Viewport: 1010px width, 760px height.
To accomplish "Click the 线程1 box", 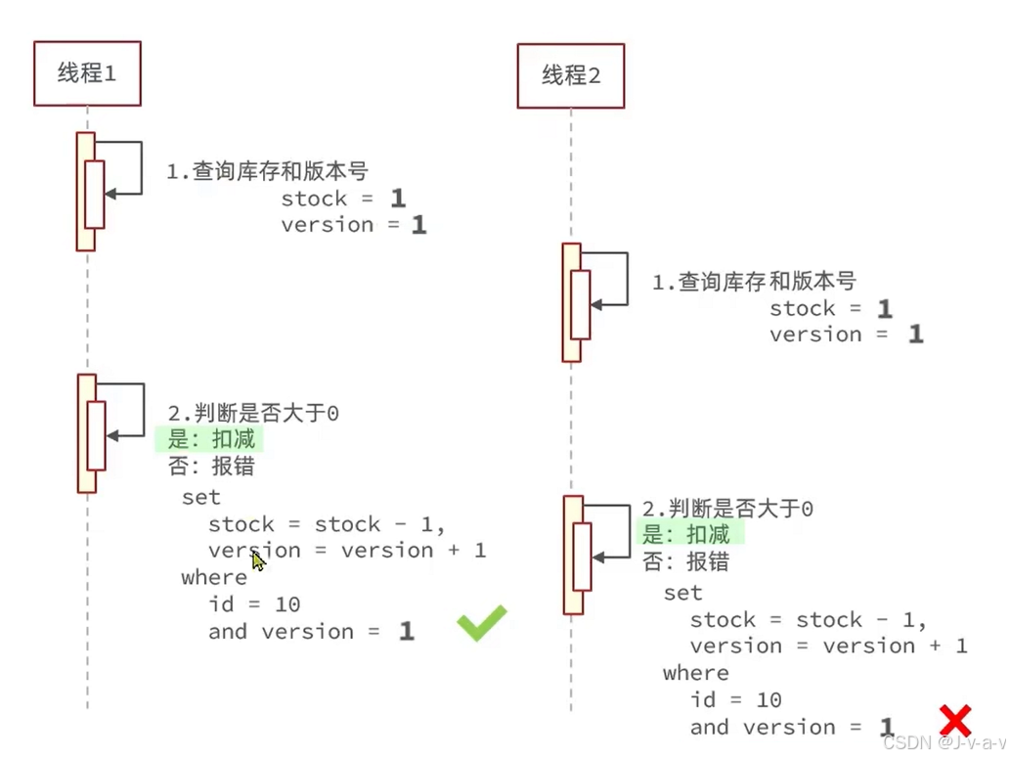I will point(87,73).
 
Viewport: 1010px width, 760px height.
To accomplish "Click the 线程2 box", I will point(570,75).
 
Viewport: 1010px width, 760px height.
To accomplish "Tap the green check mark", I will point(482,622).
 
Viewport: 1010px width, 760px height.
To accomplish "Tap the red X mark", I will point(955,721).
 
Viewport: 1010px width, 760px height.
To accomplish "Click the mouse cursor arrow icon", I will point(258,559).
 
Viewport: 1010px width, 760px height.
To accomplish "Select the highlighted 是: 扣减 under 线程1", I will point(210,439).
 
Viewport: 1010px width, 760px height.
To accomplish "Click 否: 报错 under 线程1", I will point(210,466).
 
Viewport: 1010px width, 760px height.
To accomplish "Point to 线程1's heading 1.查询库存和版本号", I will point(267,171).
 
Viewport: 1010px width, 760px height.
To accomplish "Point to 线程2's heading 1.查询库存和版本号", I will point(754,282).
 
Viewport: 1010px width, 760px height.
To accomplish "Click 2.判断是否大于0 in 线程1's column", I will point(253,414).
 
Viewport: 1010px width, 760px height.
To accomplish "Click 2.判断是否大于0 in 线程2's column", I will point(727,509).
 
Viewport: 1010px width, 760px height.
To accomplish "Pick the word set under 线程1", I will point(200,497).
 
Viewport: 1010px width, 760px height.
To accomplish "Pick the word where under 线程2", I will point(695,673).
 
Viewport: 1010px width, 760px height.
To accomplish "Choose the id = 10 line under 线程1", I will point(253,604).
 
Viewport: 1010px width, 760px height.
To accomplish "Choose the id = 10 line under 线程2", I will point(735,699).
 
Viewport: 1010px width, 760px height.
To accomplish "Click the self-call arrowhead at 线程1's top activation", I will point(110,194).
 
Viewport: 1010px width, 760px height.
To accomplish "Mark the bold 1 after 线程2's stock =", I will point(884,309).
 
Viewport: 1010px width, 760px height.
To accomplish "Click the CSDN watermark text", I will point(943,742).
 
